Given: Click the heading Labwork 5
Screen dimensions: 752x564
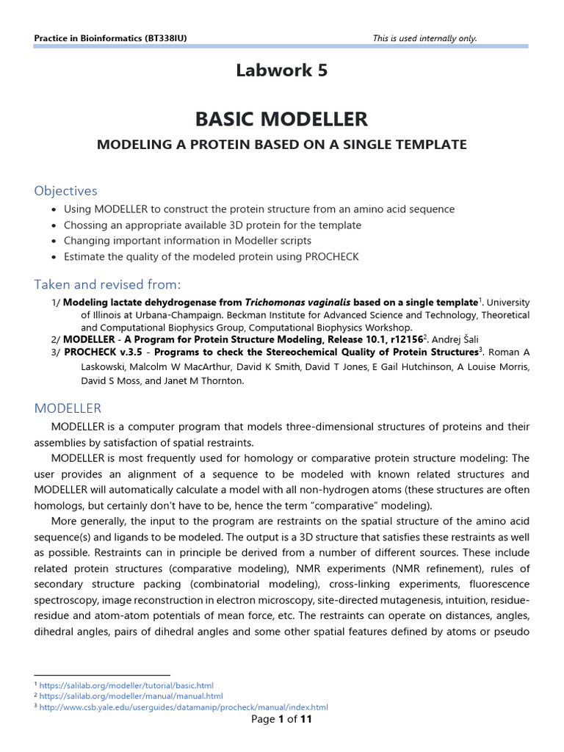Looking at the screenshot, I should [281, 70].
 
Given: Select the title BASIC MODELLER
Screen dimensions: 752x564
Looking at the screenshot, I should [281, 118].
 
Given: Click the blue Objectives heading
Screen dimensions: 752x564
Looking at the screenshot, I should [65, 190].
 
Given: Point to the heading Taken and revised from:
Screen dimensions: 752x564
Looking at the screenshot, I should [107, 284].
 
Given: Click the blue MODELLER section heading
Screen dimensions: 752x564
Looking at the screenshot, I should [68, 408].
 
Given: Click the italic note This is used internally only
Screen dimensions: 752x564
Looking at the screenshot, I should [424, 38].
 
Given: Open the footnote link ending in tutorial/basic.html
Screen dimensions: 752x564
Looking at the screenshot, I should [126, 685].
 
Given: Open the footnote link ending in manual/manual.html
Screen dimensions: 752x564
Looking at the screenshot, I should [131, 696].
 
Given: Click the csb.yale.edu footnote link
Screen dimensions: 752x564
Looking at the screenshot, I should [184, 707].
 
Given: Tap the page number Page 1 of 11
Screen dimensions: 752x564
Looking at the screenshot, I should [281, 720].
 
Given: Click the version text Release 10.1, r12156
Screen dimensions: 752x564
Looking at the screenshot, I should [360, 340].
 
